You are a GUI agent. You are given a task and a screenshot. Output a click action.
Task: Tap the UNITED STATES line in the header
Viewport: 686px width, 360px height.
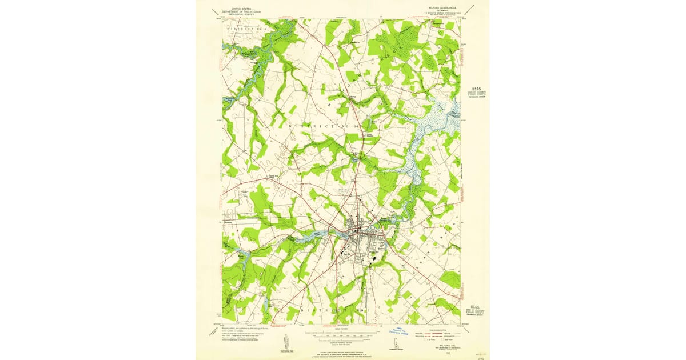241,8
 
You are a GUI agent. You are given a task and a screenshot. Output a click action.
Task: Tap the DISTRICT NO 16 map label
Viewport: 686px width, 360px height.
325,126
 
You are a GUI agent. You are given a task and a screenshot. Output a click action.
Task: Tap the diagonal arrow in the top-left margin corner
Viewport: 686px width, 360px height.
214,11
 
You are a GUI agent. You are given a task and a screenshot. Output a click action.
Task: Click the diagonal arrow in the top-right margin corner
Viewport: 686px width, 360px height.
470,10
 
